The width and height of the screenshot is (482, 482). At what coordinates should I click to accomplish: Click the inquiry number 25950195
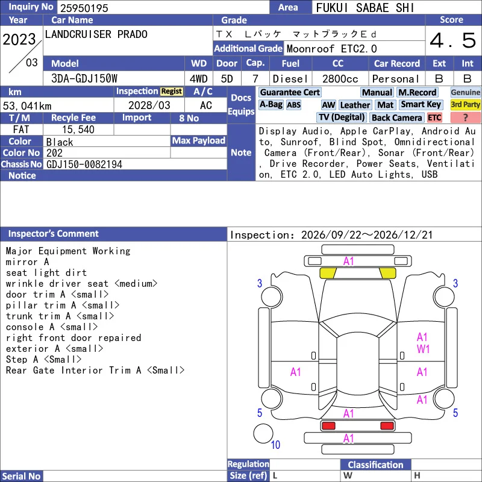click(x=84, y=8)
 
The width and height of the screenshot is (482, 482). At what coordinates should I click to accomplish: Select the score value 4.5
click(x=452, y=40)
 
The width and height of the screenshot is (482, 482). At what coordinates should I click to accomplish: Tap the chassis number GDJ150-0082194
click(x=84, y=164)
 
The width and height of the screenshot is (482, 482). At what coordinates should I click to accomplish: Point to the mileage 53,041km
click(x=27, y=106)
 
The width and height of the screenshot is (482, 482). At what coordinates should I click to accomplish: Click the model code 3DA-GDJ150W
click(x=84, y=79)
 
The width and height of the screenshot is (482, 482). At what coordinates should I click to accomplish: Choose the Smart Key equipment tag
click(x=421, y=104)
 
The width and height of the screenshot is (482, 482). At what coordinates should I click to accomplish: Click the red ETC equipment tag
click(x=434, y=117)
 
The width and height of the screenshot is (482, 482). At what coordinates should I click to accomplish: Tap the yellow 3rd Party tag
click(x=465, y=104)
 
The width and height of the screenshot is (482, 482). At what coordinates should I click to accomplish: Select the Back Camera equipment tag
click(x=396, y=117)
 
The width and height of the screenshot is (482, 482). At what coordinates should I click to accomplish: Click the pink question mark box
click(x=465, y=117)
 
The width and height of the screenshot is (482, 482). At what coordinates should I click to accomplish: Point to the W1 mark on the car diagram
click(x=423, y=349)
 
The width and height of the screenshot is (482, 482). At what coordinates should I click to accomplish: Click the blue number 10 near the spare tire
click(x=275, y=445)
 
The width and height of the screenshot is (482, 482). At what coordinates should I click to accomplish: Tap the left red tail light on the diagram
click(x=328, y=426)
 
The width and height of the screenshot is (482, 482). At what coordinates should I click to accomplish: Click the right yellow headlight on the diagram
click(x=387, y=273)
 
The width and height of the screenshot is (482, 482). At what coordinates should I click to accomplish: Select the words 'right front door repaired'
click(x=74, y=338)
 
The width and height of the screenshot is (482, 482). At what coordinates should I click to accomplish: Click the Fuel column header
click(x=290, y=64)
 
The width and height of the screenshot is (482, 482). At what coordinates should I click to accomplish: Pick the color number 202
click(x=54, y=153)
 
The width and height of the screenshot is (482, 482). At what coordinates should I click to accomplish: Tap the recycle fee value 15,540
click(x=78, y=130)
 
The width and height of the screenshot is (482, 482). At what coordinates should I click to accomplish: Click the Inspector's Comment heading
click(x=54, y=234)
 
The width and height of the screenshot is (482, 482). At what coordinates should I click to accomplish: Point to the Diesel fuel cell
click(x=290, y=79)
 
